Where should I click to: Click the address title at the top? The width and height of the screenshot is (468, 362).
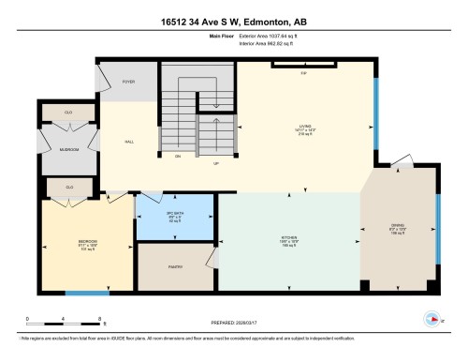[x=233, y=16]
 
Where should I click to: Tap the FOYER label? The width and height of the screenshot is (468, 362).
[x=128, y=83]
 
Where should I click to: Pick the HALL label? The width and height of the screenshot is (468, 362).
[x=128, y=143]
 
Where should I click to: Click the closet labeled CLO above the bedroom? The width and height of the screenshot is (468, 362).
[x=69, y=188]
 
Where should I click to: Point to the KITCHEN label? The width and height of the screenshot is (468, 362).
[x=288, y=238]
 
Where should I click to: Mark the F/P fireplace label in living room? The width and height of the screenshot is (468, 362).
[x=303, y=72]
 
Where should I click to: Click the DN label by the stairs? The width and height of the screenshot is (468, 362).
[x=177, y=156]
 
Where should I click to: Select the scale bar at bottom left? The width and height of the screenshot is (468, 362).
[x=64, y=319]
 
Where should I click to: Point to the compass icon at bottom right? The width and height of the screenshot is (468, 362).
[x=431, y=317]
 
